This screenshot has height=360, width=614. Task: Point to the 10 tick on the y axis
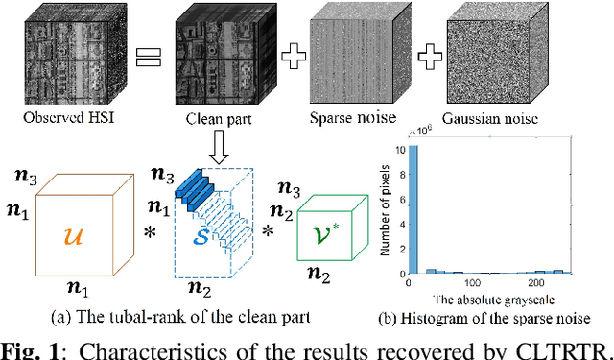coord(402,149)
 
